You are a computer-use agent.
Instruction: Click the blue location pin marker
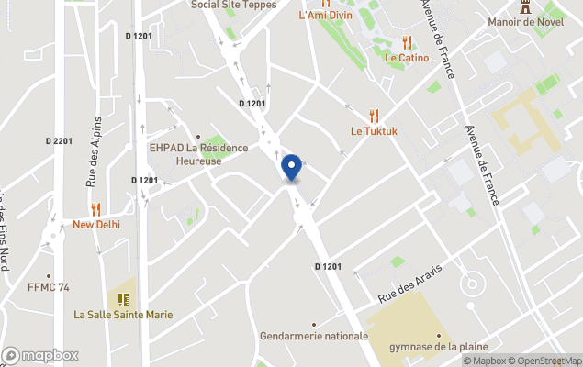point(291,168)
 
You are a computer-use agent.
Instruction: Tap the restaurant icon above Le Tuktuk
point(373,116)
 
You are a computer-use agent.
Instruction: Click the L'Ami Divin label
point(325,16)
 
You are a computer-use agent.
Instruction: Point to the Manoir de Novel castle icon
point(526,6)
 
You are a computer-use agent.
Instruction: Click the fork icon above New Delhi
point(95,209)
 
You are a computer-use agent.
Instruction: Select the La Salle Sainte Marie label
point(123,315)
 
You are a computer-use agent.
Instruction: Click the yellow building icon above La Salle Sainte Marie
point(123,298)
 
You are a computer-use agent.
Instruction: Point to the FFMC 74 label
point(48,287)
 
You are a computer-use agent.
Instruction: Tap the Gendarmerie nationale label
point(313,336)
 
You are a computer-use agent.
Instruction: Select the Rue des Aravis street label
point(410,284)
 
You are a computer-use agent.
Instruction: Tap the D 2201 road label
point(58,140)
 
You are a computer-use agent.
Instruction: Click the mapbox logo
point(39,355)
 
